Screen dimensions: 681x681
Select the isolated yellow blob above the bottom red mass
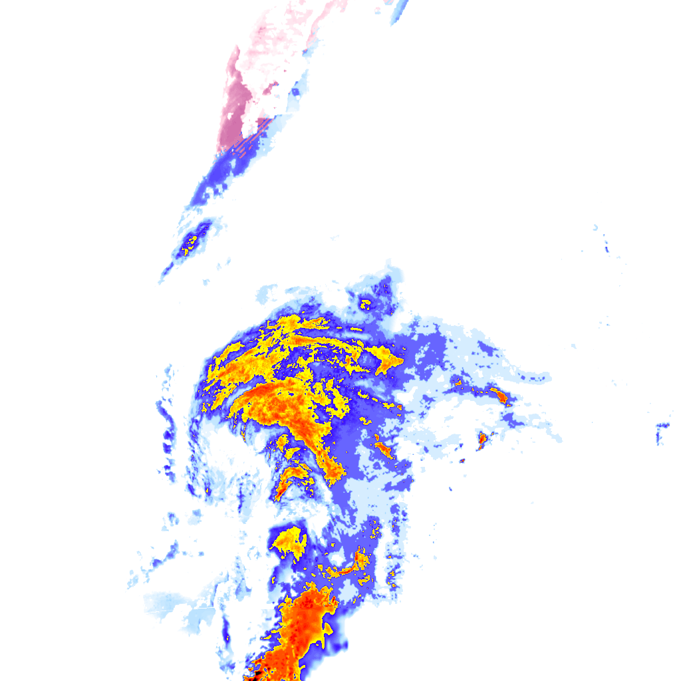coord(290,541)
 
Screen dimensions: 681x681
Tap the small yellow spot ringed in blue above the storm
coord(365,305)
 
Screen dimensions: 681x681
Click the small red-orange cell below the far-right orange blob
coord(481,440)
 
